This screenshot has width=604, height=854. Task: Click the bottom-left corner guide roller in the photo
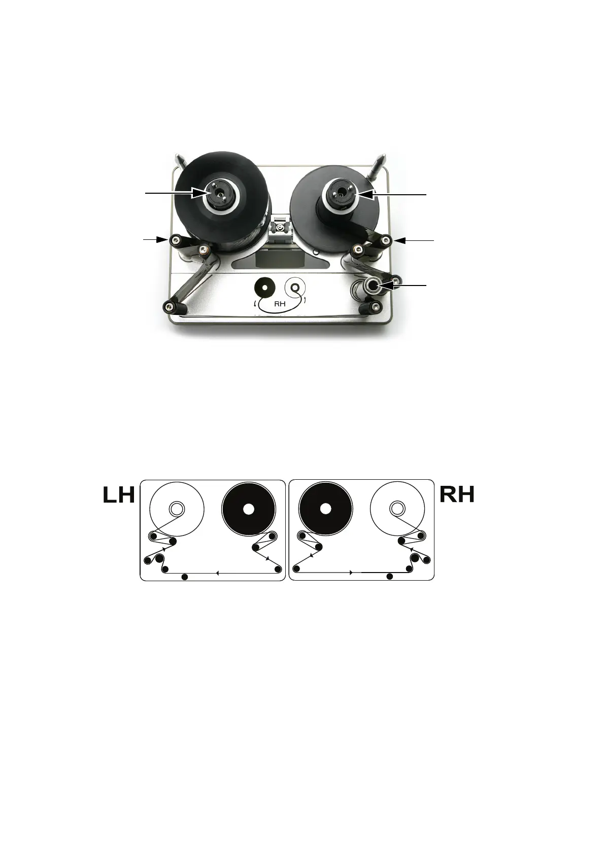pyautogui.click(x=169, y=305)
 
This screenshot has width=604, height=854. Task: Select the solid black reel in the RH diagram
pyautogui.click(x=326, y=508)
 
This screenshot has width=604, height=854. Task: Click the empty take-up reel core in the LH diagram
pyautogui.click(x=176, y=508)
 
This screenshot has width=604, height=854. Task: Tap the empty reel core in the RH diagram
pyautogui.click(x=397, y=508)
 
